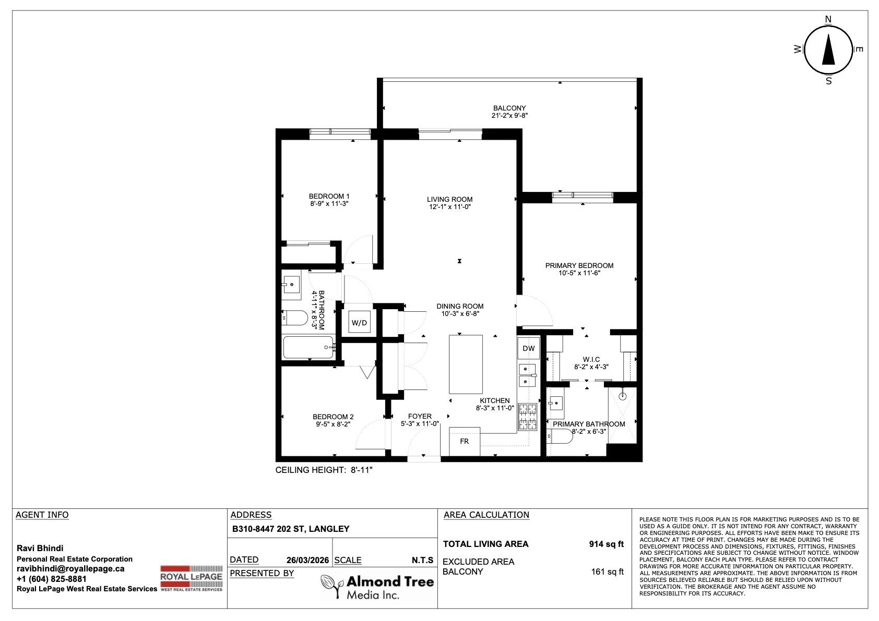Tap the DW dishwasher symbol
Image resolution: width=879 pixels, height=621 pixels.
529,348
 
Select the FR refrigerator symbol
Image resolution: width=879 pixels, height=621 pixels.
464,442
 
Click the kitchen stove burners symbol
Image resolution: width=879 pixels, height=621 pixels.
528,417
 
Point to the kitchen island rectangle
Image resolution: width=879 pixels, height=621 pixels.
466,364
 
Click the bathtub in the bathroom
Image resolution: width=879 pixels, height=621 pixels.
308,347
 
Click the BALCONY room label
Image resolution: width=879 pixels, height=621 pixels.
509,108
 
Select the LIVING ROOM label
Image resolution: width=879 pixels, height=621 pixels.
450,200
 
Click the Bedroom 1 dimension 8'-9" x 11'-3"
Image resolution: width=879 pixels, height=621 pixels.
329,204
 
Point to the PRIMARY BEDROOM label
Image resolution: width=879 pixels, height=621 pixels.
579,266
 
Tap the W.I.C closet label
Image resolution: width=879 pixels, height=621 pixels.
591,359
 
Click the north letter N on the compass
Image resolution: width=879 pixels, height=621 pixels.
828,19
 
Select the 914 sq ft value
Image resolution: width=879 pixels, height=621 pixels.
607,544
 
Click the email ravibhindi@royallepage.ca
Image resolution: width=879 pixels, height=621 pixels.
70,568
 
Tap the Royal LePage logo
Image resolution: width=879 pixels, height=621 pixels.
191,578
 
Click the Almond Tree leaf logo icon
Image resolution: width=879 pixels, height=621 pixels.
331,586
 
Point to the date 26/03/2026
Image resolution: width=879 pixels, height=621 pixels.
307,560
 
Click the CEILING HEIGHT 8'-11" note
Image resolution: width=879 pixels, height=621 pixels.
324,470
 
